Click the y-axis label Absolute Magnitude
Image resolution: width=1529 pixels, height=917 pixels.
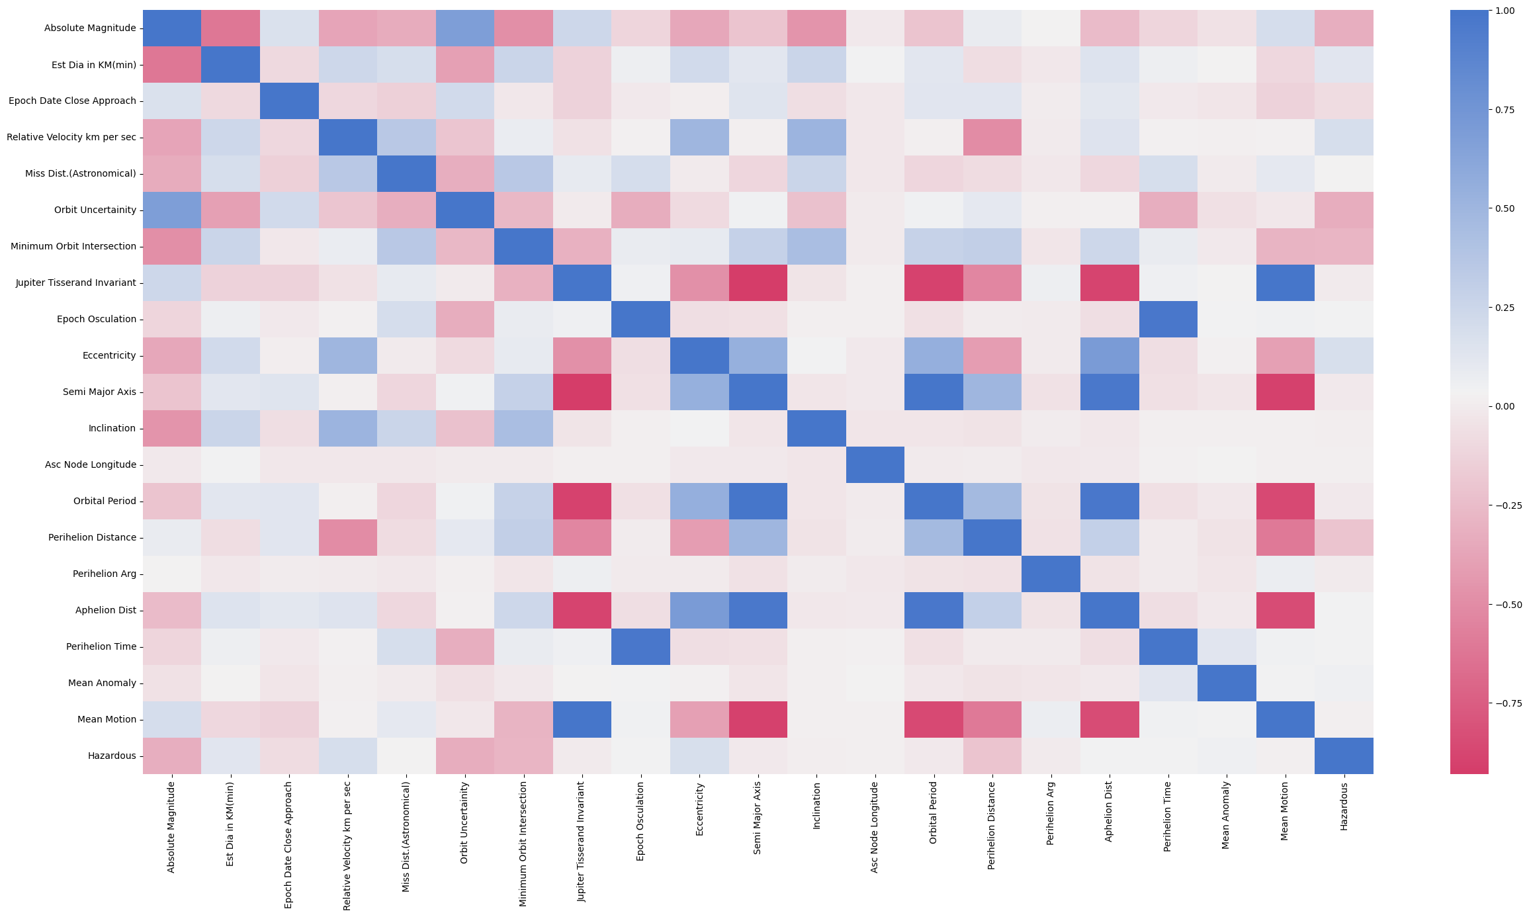[90, 28]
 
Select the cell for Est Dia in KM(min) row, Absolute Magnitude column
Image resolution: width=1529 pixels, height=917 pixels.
[172, 64]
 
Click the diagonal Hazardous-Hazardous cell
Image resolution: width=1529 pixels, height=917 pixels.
[1344, 756]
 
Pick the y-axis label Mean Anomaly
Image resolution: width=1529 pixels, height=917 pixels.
[101, 683]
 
